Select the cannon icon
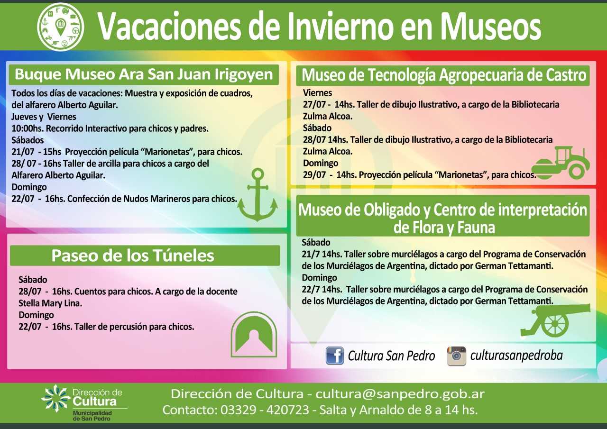click(555, 321)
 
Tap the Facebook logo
click(335, 356)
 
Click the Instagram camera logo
click(456, 356)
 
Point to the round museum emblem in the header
click(60, 27)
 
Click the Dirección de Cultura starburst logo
click(56, 398)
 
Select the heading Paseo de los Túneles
click(133, 256)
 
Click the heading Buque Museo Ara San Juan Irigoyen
click(144, 74)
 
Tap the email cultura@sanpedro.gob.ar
click(400, 394)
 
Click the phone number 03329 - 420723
click(265, 410)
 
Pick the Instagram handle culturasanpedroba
click(516, 356)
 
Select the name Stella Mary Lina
click(50, 303)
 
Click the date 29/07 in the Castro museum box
click(314, 175)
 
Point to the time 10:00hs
click(27, 128)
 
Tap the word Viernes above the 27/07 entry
click(317, 93)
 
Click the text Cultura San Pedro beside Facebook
click(391, 356)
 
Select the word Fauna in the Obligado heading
click(476, 228)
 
